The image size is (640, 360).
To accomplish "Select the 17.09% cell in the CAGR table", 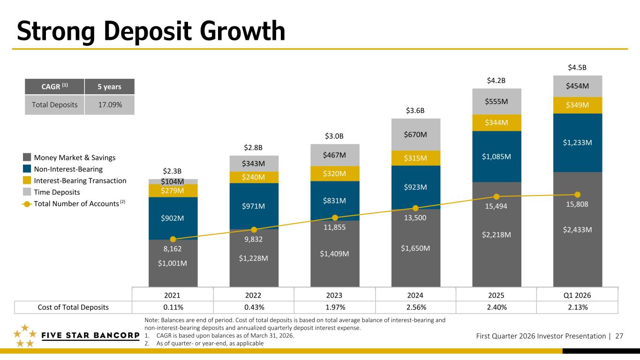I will tap(109, 105).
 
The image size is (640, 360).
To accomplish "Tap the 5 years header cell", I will tap(109, 87).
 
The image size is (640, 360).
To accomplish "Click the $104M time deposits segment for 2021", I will tap(173, 181).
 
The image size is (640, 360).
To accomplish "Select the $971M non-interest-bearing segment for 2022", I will tap(254, 206).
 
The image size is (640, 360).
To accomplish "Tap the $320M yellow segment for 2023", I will tap(335, 173).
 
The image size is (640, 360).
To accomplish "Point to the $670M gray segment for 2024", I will tap(415, 135).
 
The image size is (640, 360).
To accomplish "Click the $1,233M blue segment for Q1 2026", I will tap(577, 142).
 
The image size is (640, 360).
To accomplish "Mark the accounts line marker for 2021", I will tap(173, 239).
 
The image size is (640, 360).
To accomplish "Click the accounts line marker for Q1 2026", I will tap(578, 195).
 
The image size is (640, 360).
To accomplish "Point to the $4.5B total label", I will tap(577, 68).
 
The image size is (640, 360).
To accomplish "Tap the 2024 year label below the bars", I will tap(415, 296).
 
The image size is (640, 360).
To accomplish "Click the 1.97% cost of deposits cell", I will tap(334, 307).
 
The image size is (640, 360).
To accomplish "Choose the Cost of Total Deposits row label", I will tap(73, 307).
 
